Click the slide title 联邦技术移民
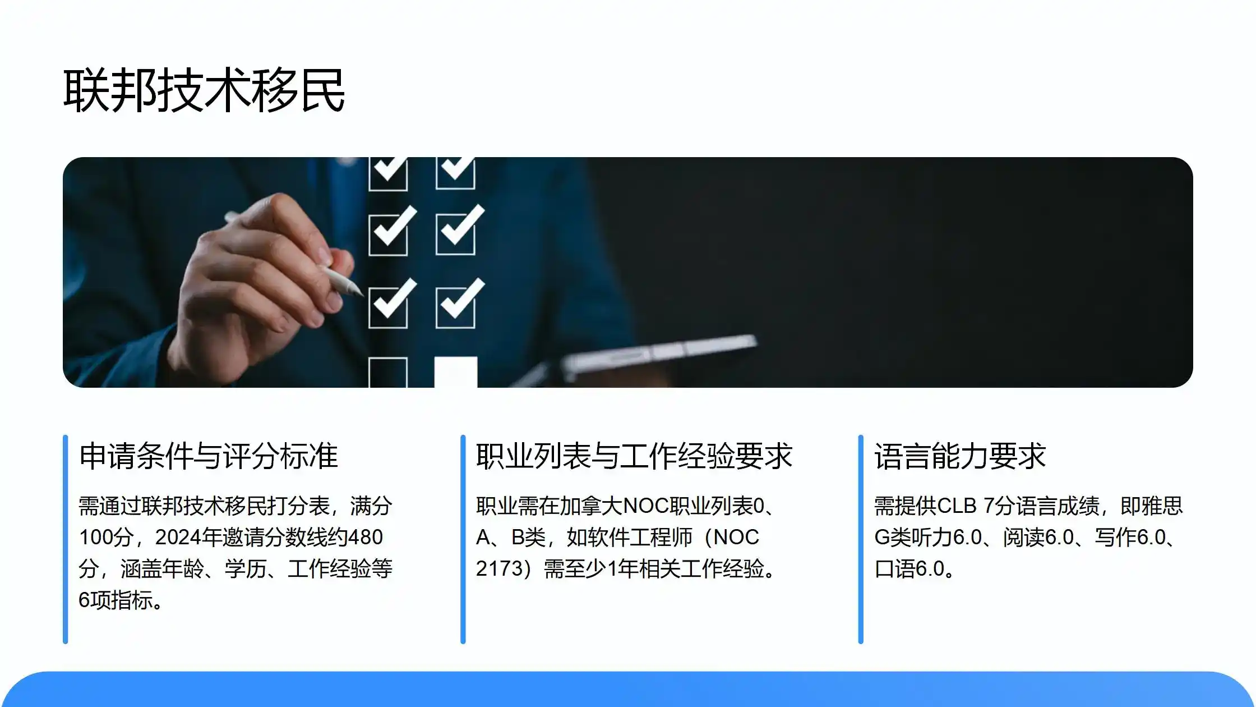204,90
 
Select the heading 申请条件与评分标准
209,456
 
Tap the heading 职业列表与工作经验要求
634,456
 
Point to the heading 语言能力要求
960,456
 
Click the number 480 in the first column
365,537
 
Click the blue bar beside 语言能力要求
861,539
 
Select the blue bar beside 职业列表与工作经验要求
463,539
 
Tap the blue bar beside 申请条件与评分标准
66,539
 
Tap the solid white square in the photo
456,371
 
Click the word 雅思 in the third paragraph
1162,506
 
